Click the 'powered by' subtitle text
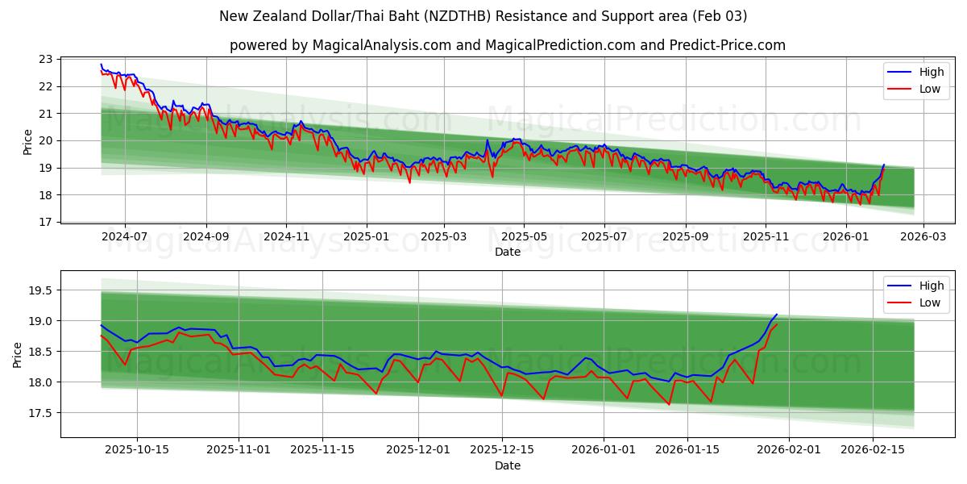coord(508,45)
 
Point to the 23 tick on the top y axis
coord(45,59)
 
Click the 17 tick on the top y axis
coord(45,222)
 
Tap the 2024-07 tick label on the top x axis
coord(125,236)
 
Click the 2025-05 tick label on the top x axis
coord(524,236)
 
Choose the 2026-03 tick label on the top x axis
coord(923,236)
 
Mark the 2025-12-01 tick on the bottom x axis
coord(418,450)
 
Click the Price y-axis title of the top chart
coord(28,141)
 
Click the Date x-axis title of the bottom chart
coord(508,465)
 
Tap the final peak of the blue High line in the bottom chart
coord(776,315)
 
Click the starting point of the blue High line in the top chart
coord(101,64)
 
